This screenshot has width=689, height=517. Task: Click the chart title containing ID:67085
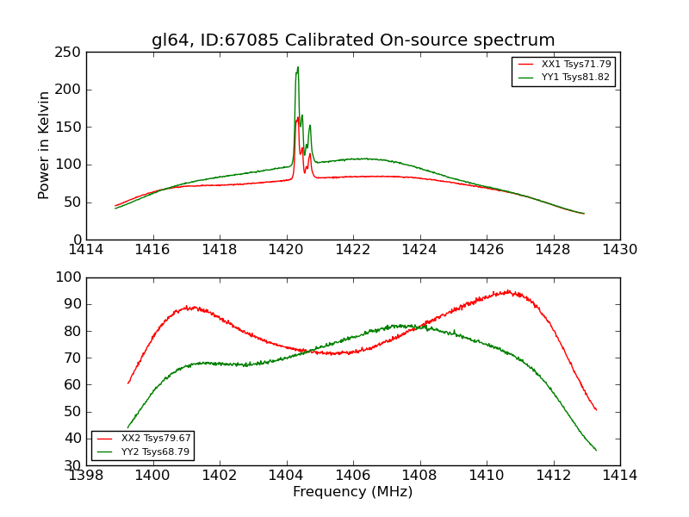click(x=353, y=40)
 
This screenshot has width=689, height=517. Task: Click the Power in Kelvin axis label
click(x=45, y=146)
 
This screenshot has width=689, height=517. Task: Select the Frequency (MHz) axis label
click(x=353, y=492)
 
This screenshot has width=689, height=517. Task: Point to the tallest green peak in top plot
click(x=298, y=67)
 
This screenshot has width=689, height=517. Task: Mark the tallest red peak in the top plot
click(x=298, y=118)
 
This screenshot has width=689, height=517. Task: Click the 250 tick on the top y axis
click(x=71, y=53)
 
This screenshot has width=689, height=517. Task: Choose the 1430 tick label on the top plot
click(x=620, y=250)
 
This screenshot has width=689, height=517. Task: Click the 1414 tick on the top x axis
click(x=87, y=250)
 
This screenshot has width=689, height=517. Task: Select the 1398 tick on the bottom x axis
click(x=87, y=476)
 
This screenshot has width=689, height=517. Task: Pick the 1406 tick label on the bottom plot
click(x=353, y=476)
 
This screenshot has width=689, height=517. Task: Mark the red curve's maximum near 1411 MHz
click(x=508, y=291)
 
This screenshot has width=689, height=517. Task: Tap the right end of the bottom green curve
click(x=596, y=450)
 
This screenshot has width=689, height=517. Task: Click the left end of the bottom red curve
click(x=128, y=383)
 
